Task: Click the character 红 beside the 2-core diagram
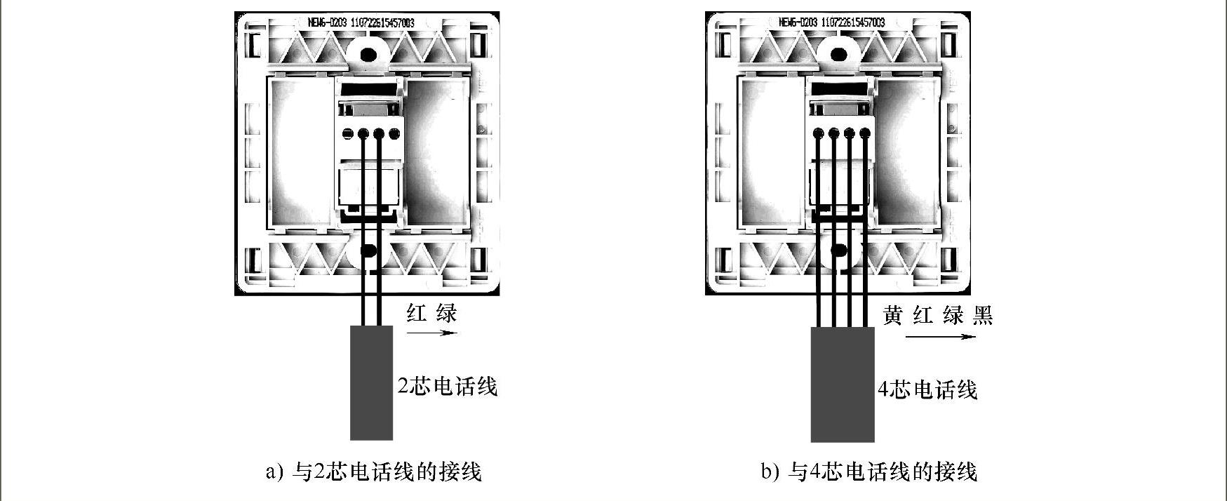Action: click(417, 312)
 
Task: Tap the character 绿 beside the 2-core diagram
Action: click(446, 312)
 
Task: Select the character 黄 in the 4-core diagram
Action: click(892, 316)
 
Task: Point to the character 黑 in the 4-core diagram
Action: click(983, 316)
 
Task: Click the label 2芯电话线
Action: click(448, 387)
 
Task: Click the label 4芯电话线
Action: click(927, 390)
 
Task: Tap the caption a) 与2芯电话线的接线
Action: click(373, 472)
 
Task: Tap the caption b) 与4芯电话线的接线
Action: click(869, 472)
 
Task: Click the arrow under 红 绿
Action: click(431, 333)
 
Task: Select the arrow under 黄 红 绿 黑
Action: click(940, 337)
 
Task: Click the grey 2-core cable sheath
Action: click(371, 383)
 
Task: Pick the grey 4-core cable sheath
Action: click(843, 385)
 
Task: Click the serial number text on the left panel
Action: click(361, 22)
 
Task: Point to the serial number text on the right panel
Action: click(832, 22)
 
